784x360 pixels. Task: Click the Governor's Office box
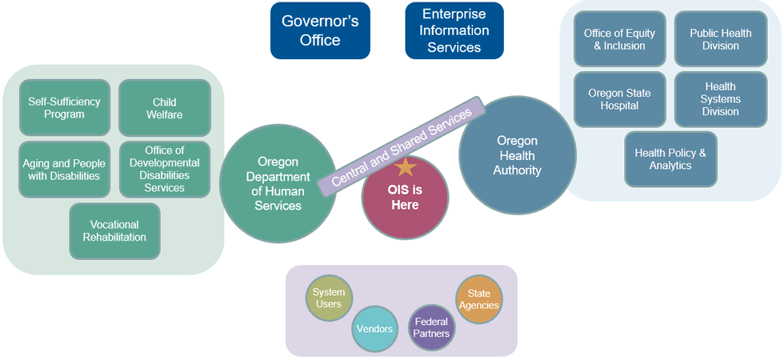pos(320,30)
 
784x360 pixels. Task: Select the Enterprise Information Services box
pos(454,30)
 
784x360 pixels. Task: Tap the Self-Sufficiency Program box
pos(65,107)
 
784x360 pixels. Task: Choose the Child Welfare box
pos(165,107)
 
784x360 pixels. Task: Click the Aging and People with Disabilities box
pos(65,169)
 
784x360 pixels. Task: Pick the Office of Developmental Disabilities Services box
pos(165,169)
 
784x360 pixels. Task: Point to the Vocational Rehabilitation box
pos(114,231)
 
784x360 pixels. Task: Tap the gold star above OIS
pos(406,166)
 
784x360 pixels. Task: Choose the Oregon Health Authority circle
pos(518,155)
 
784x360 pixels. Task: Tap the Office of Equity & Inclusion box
pos(619,39)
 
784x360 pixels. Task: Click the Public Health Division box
pos(721,39)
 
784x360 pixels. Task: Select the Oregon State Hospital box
pos(619,99)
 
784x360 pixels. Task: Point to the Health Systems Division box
pos(721,99)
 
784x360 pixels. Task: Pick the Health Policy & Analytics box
pos(670,159)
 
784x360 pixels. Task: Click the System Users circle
pos(329,298)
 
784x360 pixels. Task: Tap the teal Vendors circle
pos(375,329)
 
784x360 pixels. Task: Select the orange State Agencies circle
pos(479,299)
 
